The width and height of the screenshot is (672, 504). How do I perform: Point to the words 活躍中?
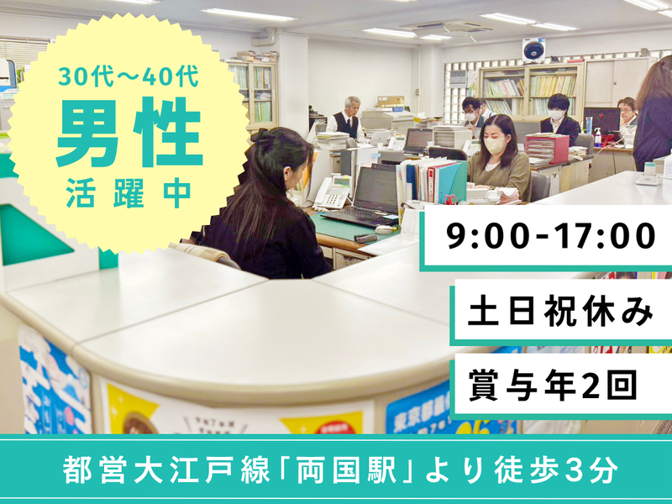(129, 192)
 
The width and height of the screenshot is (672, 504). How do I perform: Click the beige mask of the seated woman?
(495, 144)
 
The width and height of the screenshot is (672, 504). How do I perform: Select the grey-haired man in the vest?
(347, 119)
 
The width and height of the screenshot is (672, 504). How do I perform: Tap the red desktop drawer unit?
(547, 149)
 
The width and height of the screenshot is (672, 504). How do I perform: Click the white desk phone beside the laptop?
(333, 192)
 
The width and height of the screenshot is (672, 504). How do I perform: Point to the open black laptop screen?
(376, 190)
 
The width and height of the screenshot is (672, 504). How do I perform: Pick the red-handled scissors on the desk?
(451, 199)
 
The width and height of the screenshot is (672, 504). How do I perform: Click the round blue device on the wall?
(533, 50)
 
